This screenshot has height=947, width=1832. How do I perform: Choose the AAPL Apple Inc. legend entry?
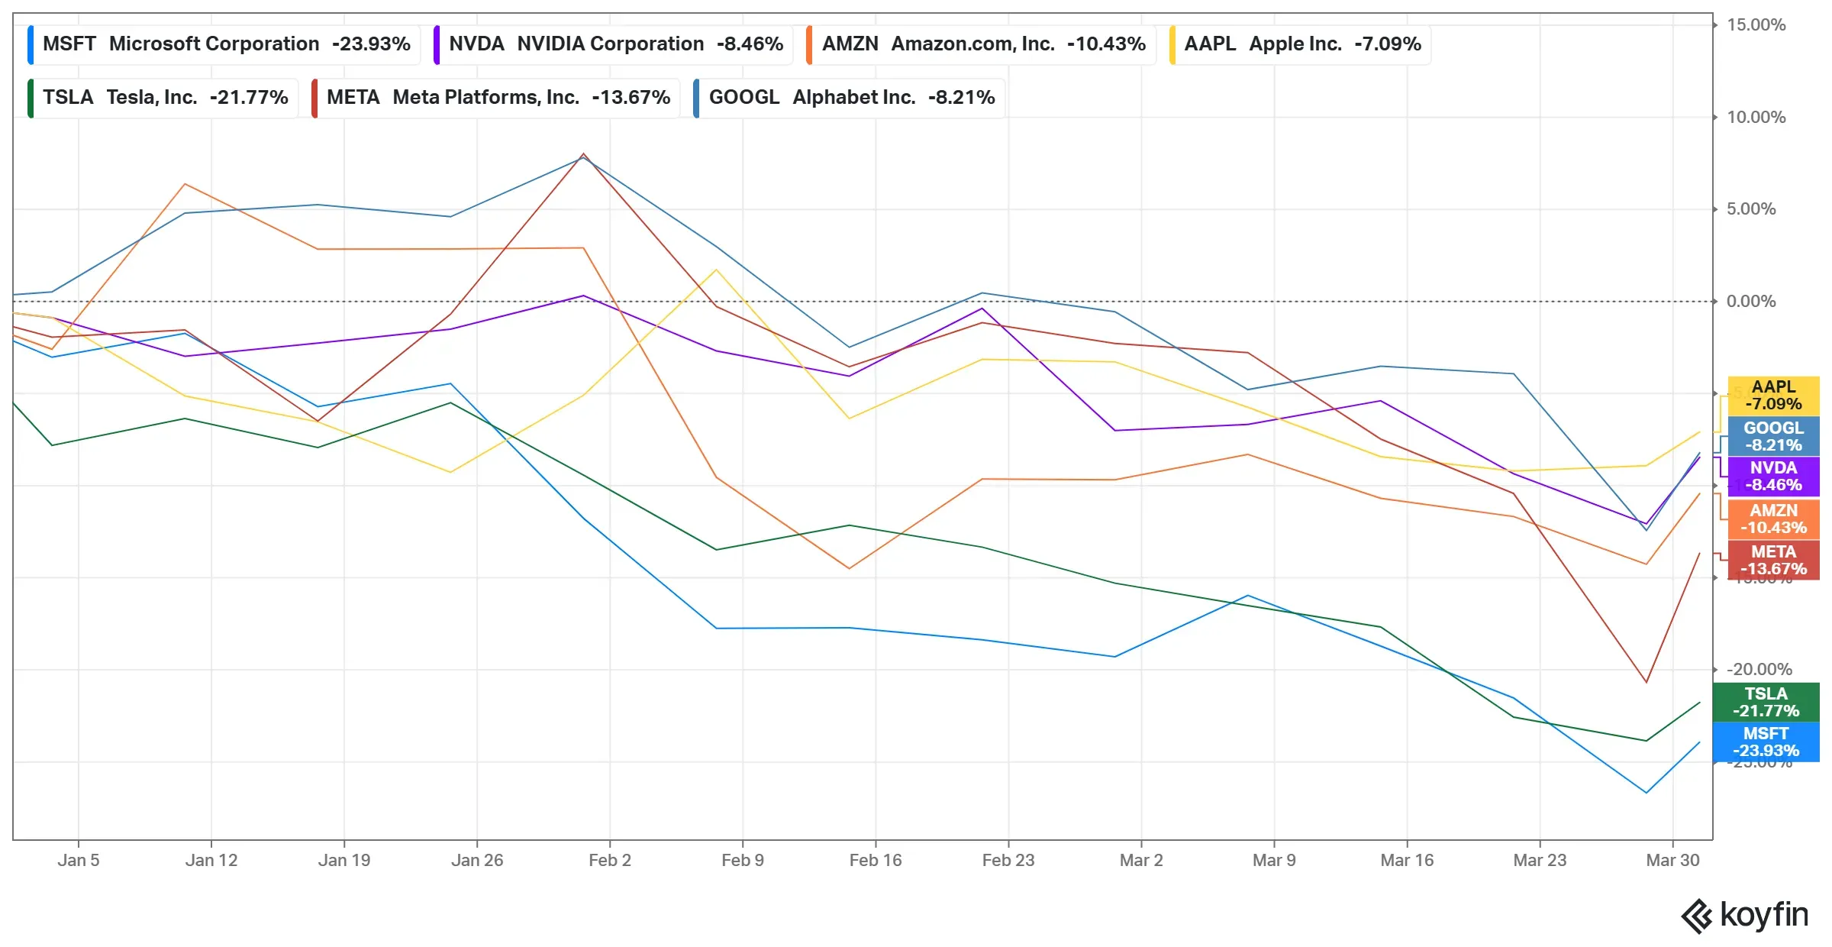tap(1301, 44)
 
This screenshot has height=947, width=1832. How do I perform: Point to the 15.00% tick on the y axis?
tap(1756, 25)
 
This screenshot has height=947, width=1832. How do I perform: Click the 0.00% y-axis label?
tap(1751, 302)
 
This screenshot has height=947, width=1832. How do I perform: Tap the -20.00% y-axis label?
tap(1759, 670)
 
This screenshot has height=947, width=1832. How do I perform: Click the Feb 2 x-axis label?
tap(610, 861)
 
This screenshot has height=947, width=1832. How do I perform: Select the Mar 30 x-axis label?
tap(1672, 861)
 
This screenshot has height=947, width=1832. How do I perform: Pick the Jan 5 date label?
tap(79, 861)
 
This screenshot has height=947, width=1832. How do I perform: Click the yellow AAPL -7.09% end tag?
tap(1773, 396)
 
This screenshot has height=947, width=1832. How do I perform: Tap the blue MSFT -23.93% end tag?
tap(1766, 742)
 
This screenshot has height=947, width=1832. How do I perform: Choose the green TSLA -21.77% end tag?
tap(1766, 703)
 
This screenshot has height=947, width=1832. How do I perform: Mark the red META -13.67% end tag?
tap(1773, 561)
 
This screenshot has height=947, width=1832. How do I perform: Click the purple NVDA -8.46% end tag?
tap(1773, 477)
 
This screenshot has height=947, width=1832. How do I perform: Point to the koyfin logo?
tap(1745, 916)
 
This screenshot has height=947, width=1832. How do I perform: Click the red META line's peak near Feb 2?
tap(583, 154)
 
